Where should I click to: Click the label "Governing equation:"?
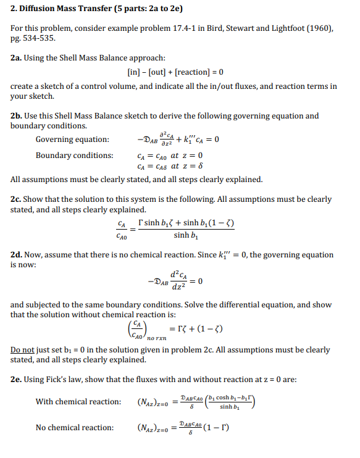pos(72,139)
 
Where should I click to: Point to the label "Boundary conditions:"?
pos(74,156)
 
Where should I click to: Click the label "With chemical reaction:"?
pos(78,402)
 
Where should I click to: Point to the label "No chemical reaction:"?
pos(74,427)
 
